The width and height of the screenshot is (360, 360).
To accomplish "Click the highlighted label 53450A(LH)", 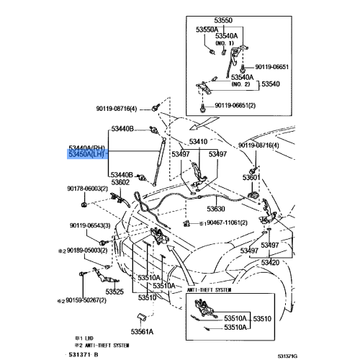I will [87, 155].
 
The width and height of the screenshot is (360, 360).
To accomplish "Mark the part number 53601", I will [251, 177].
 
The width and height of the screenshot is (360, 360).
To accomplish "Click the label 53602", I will [120, 183].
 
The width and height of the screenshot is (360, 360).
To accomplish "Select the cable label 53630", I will [217, 209].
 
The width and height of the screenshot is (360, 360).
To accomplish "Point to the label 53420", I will [271, 264].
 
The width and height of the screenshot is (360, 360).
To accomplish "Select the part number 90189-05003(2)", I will [81, 251].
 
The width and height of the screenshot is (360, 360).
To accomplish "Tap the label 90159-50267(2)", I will [81, 300].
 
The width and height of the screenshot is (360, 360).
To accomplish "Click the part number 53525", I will [116, 292].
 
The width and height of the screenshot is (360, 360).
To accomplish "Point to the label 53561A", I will [142, 332].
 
